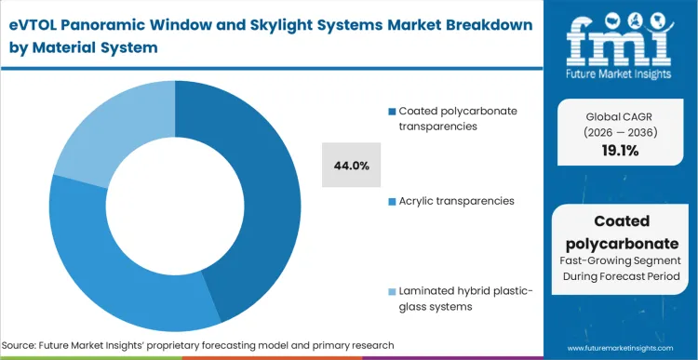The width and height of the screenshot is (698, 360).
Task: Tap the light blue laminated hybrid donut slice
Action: tap(102, 130)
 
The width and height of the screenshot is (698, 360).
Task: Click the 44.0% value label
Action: tap(352, 166)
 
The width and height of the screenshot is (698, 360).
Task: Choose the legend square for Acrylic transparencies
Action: tap(392, 201)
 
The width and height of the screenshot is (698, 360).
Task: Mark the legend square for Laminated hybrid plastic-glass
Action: tap(392, 291)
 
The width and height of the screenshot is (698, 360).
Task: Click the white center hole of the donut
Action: tap(175, 207)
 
